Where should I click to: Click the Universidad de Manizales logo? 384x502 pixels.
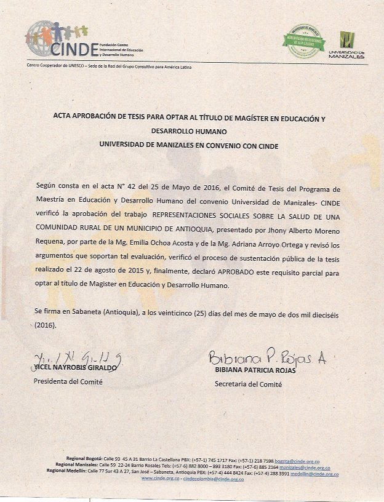347,43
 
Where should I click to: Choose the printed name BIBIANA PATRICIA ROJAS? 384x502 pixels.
255,370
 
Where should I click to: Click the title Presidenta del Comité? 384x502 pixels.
68,381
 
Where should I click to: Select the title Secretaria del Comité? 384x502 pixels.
248,384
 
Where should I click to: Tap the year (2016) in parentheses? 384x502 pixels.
45,326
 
